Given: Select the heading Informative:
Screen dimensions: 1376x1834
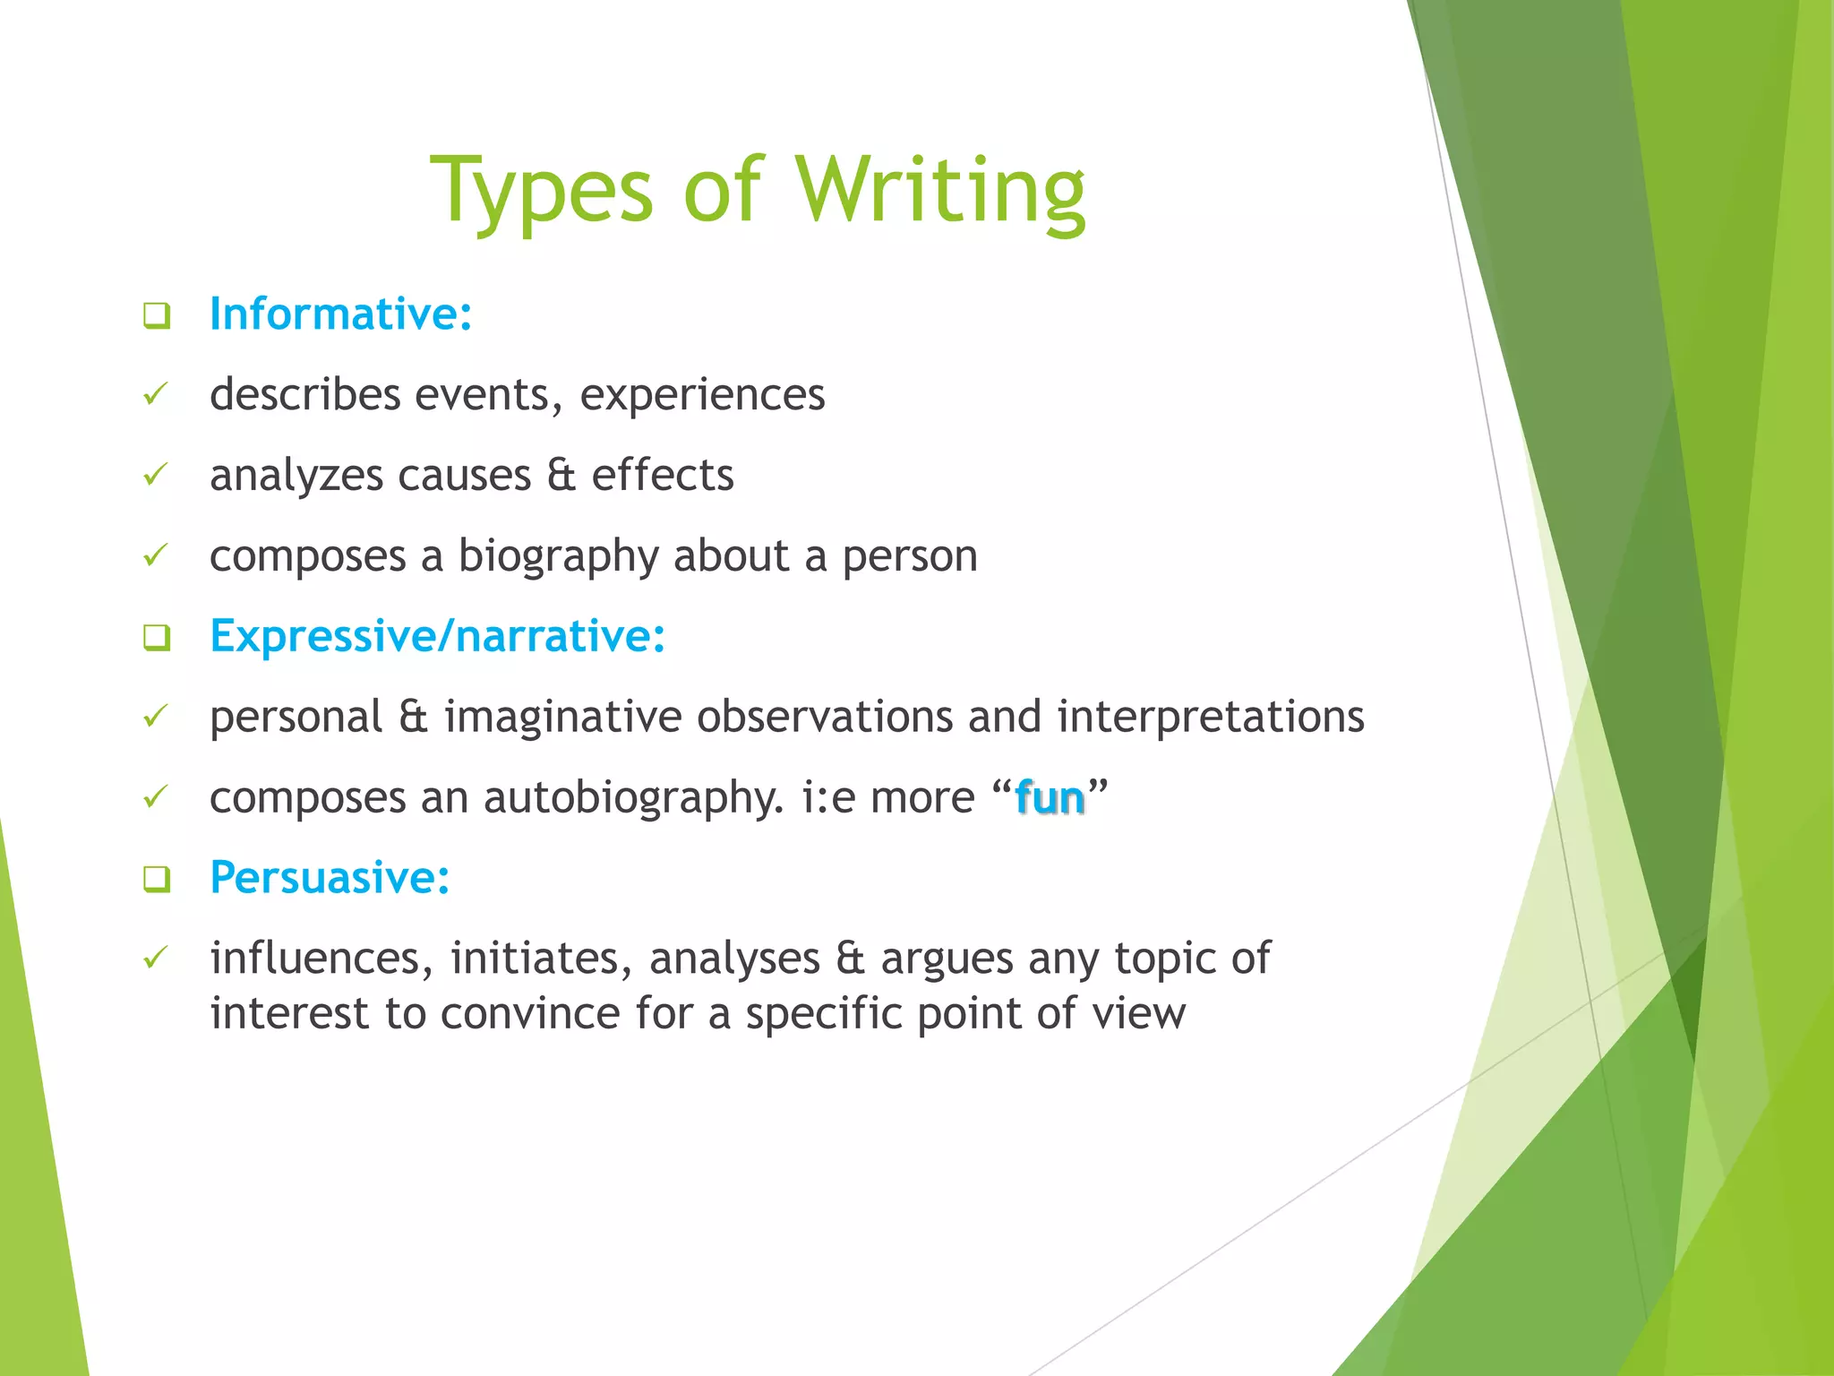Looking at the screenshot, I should [x=340, y=314].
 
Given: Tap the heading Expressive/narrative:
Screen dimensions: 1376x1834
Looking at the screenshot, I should [x=437, y=636].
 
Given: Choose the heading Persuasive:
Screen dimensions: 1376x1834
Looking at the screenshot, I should [x=329, y=877].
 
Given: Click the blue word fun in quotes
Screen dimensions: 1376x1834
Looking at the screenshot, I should [x=1050, y=797].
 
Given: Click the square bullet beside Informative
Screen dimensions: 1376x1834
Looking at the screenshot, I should [x=157, y=315].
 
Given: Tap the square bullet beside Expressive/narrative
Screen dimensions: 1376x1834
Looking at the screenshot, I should [x=157, y=638].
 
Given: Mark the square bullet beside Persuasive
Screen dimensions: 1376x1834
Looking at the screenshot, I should [x=157, y=879].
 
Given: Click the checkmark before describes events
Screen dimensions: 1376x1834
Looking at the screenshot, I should [x=156, y=394].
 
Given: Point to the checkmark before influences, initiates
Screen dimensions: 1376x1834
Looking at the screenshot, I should [x=156, y=958].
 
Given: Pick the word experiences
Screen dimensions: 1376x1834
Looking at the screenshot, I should [x=702, y=395].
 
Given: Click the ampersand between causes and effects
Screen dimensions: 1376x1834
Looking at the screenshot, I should [x=561, y=475].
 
